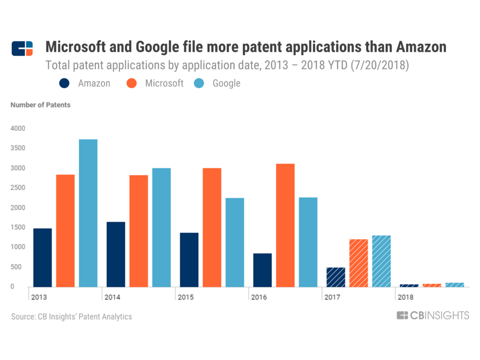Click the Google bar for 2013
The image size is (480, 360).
coord(88,213)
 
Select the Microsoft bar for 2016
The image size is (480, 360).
coord(285,225)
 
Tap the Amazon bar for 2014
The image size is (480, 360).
coord(116,254)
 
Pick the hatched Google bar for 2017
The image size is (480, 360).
coord(382,261)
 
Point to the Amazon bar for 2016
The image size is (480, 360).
coord(262,270)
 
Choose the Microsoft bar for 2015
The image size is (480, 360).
coord(212,227)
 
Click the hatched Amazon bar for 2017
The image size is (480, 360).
coord(336,277)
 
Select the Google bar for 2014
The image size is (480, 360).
coord(161,227)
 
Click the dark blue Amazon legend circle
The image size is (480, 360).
coord(64,83)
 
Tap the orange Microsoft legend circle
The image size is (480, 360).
coord(132,83)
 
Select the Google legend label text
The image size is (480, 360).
coord(226,83)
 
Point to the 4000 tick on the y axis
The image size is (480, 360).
coord(18,128)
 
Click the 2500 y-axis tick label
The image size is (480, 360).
coord(18,188)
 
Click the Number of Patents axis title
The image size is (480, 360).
coord(40,105)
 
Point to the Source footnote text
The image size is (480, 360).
coord(71,317)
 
